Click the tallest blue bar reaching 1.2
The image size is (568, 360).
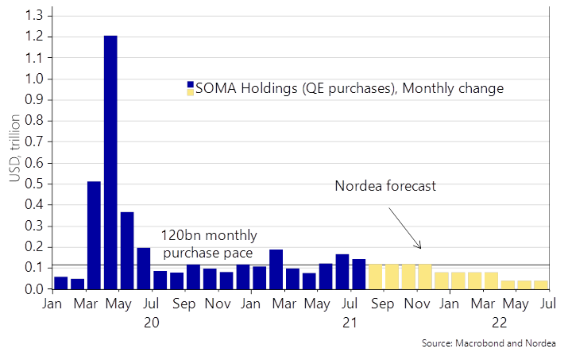click(x=111, y=162)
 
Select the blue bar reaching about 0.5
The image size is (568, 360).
click(x=95, y=235)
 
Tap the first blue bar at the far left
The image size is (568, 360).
click(x=61, y=283)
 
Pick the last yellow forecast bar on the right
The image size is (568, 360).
click(x=541, y=285)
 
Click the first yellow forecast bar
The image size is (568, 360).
click(x=375, y=277)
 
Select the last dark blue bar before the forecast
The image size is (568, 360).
click(x=359, y=274)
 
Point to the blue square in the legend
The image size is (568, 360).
click(x=191, y=85)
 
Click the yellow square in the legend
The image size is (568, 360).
click(x=191, y=92)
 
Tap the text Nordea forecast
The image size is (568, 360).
click(x=385, y=186)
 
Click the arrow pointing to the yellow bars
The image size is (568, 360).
click(x=405, y=228)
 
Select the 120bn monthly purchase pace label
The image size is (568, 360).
click(x=209, y=244)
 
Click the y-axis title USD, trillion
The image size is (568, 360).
click(x=14, y=148)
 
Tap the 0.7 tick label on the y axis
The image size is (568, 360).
click(x=33, y=141)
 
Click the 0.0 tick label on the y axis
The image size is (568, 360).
click(x=33, y=289)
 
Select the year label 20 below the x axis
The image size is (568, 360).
click(x=152, y=323)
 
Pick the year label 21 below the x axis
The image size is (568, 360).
click(x=350, y=323)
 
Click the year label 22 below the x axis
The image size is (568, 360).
click(x=499, y=323)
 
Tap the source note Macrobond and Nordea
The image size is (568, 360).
click(x=489, y=343)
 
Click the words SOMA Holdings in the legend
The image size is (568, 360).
click(x=245, y=88)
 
